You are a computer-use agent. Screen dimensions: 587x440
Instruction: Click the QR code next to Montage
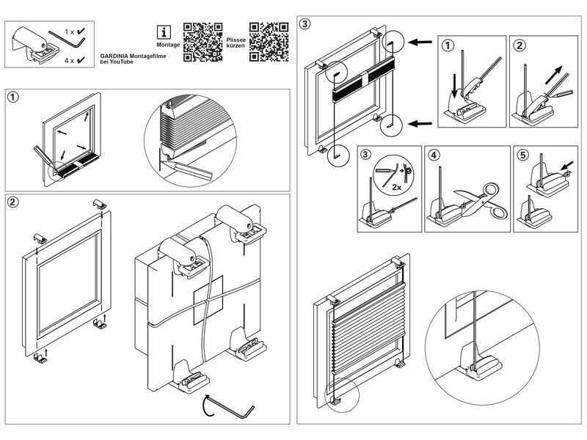(203, 42)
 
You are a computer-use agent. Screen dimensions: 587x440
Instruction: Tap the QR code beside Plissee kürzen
(269, 42)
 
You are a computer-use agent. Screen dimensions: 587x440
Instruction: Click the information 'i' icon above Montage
(164, 32)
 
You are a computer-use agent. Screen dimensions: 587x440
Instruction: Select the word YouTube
(122, 62)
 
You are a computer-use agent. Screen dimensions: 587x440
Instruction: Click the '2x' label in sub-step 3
(397, 187)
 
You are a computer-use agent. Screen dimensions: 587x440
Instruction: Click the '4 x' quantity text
(69, 60)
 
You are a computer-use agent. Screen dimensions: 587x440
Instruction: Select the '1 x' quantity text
(70, 32)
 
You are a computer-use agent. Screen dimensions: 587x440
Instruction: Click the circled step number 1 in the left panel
(12, 98)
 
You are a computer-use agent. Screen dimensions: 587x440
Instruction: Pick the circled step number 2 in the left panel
(12, 202)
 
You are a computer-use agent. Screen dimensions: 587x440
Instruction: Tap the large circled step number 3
(305, 24)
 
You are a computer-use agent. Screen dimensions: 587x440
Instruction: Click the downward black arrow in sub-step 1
(454, 86)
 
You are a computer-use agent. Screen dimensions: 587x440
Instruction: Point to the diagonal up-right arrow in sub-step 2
(554, 75)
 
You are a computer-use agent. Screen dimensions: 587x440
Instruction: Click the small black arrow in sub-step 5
(567, 165)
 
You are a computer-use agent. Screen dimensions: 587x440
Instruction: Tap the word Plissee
(236, 40)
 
